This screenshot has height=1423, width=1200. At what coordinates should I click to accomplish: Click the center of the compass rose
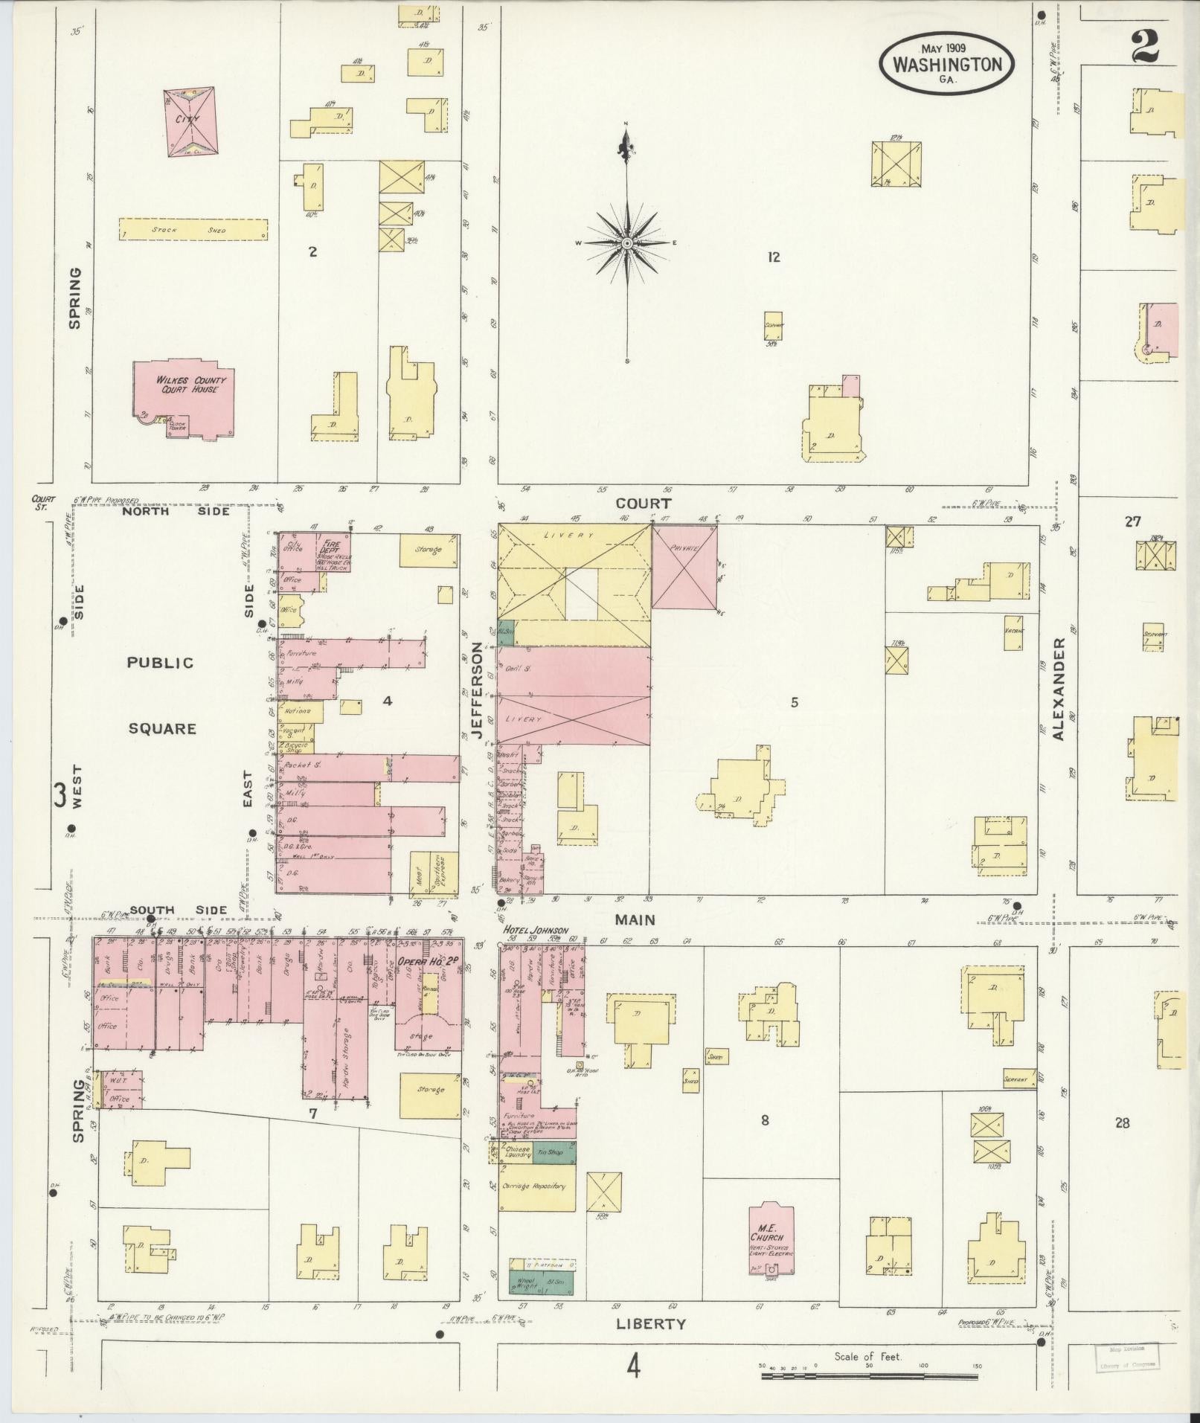pyautogui.click(x=627, y=243)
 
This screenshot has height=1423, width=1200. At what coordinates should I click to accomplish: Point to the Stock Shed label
pyautogui.click(x=192, y=230)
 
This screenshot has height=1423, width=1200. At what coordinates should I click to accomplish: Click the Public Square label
pyautogui.click(x=161, y=695)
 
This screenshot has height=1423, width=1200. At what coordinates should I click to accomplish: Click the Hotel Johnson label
pyautogui.click(x=536, y=931)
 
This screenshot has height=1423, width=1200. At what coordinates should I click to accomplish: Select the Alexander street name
pyautogui.click(x=1059, y=688)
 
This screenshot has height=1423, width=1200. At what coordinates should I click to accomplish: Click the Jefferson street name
pyautogui.click(x=478, y=696)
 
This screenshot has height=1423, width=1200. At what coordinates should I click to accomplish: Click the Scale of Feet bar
pyautogui.click(x=870, y=1376)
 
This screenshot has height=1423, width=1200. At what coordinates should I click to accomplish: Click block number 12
pyautogui.click(x=774, y=257)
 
